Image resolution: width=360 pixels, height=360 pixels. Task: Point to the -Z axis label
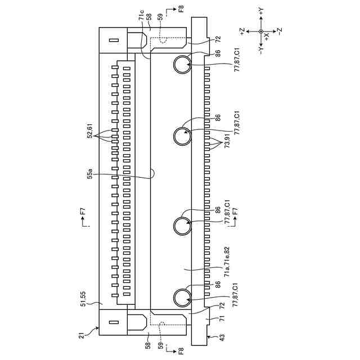pyautogui.click(x=280, y=32)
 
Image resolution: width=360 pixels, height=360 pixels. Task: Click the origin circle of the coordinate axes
pyautogui.click(x=260, y=31)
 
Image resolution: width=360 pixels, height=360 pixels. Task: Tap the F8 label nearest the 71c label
pyautogui.click(x=180, y=9)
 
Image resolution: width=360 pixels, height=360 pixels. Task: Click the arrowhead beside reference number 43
pyautogui.click(x=211, y=336)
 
